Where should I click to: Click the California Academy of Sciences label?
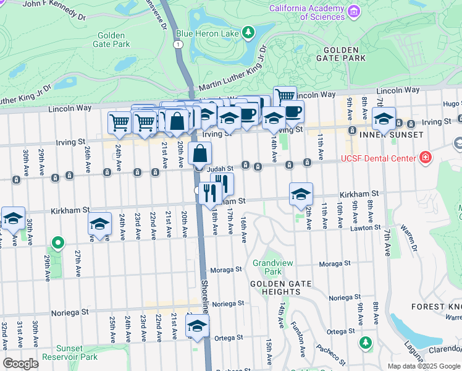tap(306, 12)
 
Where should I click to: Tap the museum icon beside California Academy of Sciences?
tap(353, 11)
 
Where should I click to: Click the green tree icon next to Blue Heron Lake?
tap(248, 32)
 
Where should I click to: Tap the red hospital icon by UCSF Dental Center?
tap(425, 159)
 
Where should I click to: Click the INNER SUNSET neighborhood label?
tap(385, 134)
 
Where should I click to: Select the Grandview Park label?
tap(267, 267)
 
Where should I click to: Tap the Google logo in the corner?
tap(20, 364)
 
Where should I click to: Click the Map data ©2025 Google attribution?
tap(424, 366)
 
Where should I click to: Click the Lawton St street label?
tap(364, 228)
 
